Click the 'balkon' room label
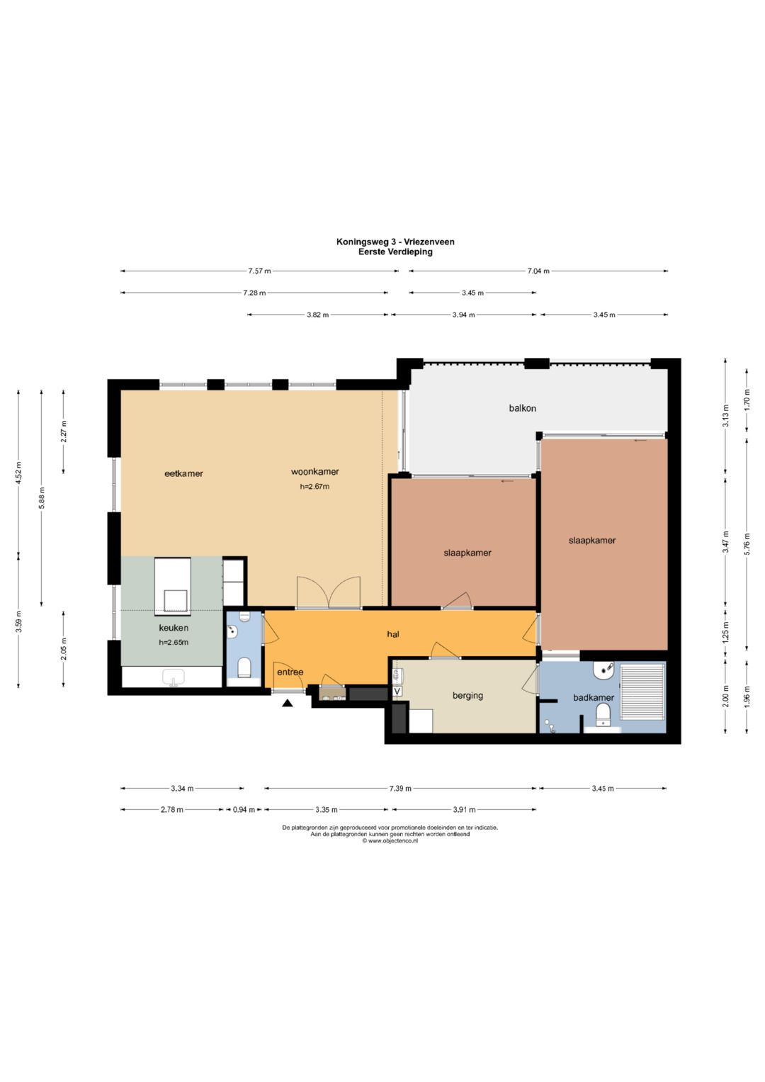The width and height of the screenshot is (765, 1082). point(522,408)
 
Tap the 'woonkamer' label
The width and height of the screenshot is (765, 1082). point(314,471)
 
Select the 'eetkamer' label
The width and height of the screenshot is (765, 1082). point(183,473)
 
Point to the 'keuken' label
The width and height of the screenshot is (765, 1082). point(174,628)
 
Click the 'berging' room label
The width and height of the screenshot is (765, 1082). point(467,696)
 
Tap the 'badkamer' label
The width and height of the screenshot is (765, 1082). point(594,697)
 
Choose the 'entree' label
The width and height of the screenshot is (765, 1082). point(290,672)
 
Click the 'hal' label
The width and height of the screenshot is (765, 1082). point(393,634)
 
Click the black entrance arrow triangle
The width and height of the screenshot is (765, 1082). point(288,704)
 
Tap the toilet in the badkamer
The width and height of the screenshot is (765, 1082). point(602,715)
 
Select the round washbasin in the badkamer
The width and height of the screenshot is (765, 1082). point(602,670)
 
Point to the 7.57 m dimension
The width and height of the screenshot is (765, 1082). point(259,271)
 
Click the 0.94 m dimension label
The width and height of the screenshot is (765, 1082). point(244,810)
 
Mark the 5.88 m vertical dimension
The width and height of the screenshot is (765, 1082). point(42,497)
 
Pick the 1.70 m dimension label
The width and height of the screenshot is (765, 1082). point(747,400)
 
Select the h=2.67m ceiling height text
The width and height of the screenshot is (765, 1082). point(314,486)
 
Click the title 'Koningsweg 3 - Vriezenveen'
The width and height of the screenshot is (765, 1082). point(395,242)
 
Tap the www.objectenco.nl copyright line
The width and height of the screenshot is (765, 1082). point(390,840)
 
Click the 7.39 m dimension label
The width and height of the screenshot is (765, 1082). point(400,789)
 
